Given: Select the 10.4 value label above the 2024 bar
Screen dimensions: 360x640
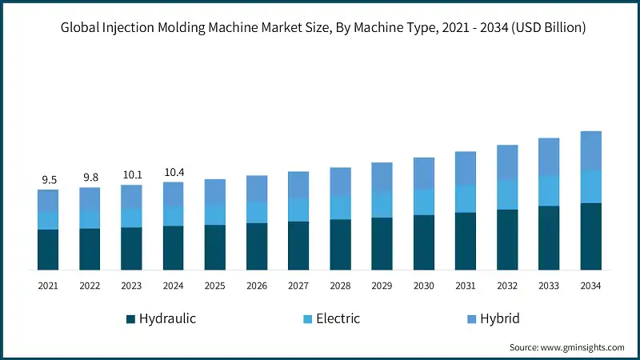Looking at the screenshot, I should (x=173, y=172).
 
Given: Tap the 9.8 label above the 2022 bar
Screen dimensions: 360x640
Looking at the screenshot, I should (x=90, y=178).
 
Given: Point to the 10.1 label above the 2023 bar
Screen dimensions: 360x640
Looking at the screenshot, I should (x=131, y=174).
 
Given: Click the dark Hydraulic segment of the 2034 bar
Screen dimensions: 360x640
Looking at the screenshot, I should (x=590, y=236).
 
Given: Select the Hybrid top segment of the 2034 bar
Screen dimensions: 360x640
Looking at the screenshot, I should (x=590, y=150).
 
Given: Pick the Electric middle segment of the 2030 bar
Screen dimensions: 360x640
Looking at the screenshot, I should (x=424, y=202).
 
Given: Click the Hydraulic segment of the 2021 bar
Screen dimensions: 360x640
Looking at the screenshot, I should (x=48, y=250).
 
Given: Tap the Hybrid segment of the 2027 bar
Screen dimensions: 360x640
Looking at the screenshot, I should (x=298, y=185).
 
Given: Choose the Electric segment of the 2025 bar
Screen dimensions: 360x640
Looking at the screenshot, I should (x=215, y=214).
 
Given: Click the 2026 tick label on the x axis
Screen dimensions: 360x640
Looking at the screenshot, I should (x=257, y=286).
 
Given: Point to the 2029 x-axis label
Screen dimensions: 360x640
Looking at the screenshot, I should (x=382, y=286).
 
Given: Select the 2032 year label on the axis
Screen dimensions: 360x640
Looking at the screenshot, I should (x=507, y=286).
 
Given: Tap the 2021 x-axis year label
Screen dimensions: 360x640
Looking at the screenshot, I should (x=48, y=286).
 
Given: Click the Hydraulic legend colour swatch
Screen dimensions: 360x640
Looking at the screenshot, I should (x=130, y=319).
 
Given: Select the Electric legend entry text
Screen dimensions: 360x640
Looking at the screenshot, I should (x=338, y=318).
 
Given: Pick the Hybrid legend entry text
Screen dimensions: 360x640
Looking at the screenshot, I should (x=501, y=318).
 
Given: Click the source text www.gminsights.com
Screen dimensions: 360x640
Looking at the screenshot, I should (x=584, y=347).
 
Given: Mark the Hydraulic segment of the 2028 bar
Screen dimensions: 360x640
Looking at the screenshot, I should (x=340, y=244).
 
